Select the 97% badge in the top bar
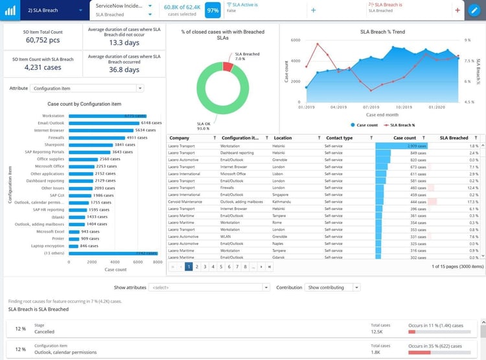212,11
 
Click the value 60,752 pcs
43,40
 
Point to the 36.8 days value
124,69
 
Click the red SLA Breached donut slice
227,66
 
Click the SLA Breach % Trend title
382,31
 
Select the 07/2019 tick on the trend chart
371,107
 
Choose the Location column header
283,138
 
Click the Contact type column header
339,138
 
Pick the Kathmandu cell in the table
284,202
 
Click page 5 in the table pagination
221,267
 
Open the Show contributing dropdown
333,287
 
